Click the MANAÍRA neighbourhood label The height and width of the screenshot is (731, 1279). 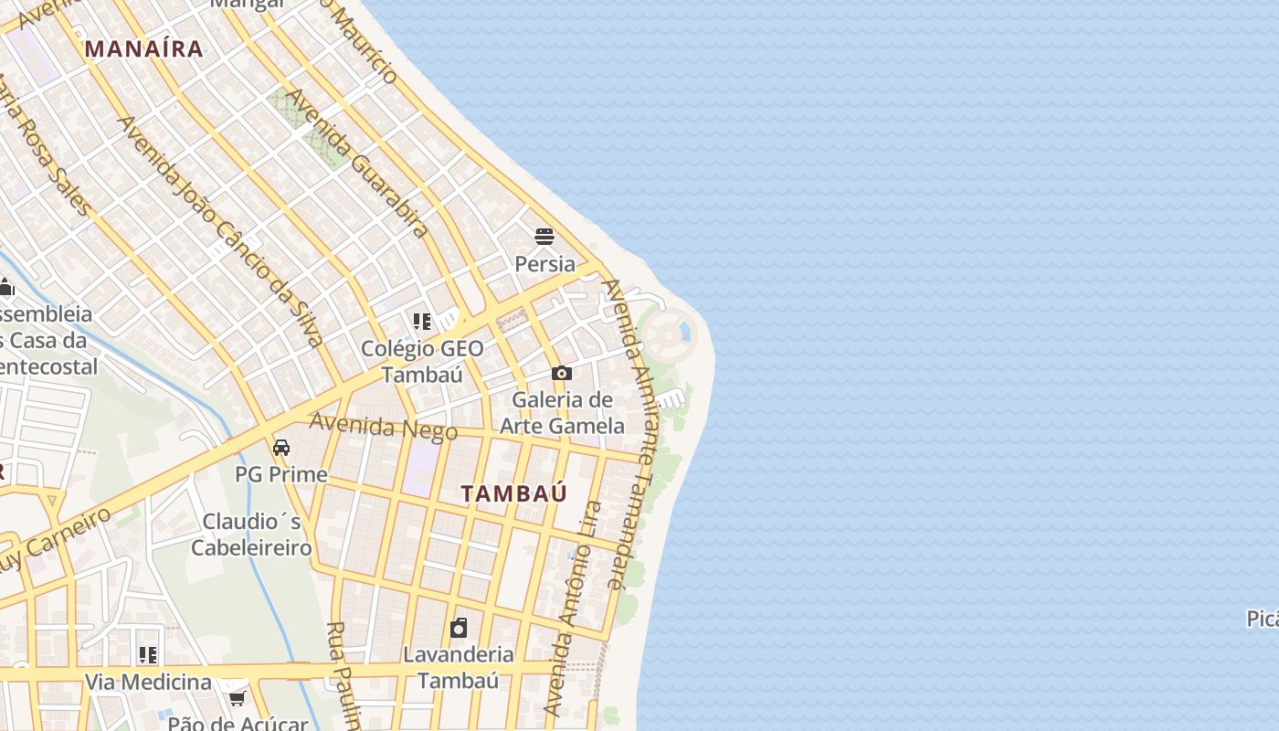pos(143,48)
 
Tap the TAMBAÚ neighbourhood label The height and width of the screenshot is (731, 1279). pos(513,493)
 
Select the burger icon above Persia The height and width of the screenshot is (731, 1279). pos(544,238)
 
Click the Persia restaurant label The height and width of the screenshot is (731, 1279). pos(544,264)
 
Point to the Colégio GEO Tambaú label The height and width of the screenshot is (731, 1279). pos(422,361)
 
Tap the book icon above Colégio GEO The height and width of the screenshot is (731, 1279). pos(421,322)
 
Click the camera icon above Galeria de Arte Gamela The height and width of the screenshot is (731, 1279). pos(561,373)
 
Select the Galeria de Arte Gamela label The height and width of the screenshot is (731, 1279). pos(562,412)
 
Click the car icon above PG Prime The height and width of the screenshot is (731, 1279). pos(281,448)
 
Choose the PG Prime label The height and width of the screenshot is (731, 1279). pos(281,474)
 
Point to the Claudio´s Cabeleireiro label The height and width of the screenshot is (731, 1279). pos(251,535)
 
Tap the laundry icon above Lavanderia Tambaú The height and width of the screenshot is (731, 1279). pos(459,628)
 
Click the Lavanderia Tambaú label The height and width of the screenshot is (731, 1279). pos(459,668)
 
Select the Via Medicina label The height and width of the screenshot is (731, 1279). pos(148,682)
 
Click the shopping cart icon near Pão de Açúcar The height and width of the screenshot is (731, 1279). pos(237,699)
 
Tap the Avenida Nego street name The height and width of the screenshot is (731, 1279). pos(383,427)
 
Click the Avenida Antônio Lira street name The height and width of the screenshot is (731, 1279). pos(573,608)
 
